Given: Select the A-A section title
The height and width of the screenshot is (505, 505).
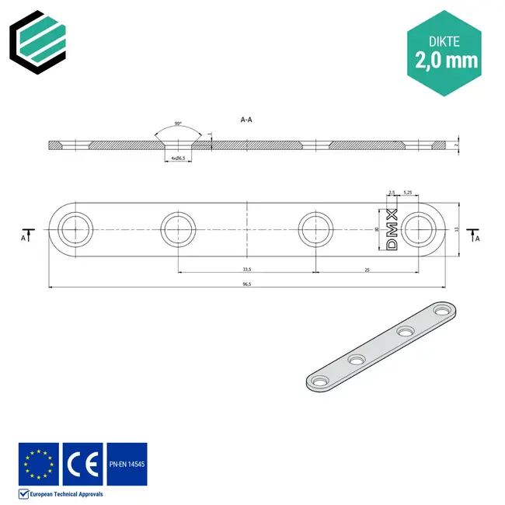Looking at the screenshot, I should [x=246, y=120].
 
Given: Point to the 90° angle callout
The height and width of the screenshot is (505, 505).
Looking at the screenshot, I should [x=178, y=124].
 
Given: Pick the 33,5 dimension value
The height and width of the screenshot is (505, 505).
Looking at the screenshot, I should [x=246, y=269].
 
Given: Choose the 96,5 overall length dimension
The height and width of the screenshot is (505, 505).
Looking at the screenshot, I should [x=246, y=284].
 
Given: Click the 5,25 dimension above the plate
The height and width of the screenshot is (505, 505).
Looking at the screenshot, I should [x=407, y=192].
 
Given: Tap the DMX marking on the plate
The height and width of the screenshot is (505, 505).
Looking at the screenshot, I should [x=392, y=229].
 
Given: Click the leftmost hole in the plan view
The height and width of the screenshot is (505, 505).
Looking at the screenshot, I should [x=74, y=230].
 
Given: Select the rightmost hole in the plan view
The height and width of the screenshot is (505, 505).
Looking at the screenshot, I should [x=420, y=230].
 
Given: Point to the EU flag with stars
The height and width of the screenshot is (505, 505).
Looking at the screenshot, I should [x=38, y=464].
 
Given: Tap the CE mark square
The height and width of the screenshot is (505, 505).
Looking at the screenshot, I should [x=82, y=464].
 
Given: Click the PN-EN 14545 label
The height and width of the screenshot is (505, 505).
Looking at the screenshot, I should [x=126, y=464].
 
